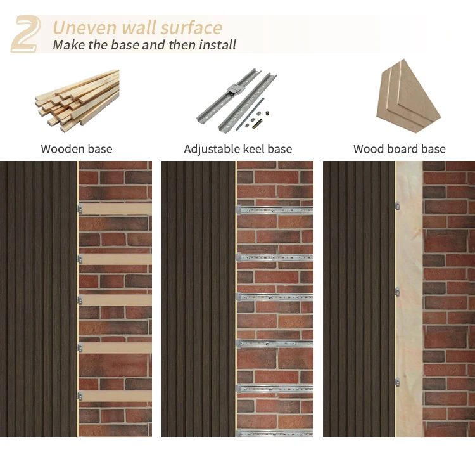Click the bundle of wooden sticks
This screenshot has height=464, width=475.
[77, 100]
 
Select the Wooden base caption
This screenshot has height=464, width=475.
[77, 150]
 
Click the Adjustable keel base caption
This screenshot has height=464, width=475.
[237, 150]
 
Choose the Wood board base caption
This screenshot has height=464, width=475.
[399, 150]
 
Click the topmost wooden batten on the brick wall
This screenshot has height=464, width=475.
[115, 209]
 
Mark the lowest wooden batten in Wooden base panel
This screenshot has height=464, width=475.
[115, 396]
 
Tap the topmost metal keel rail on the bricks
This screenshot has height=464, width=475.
[275, 209]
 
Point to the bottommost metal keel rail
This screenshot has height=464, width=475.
[275, 434]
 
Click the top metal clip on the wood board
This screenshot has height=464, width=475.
[397, 205]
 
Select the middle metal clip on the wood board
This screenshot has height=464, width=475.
[397, 292]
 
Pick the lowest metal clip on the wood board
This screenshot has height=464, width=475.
[397, 382]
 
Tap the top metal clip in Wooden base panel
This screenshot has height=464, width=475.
[80, 209]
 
